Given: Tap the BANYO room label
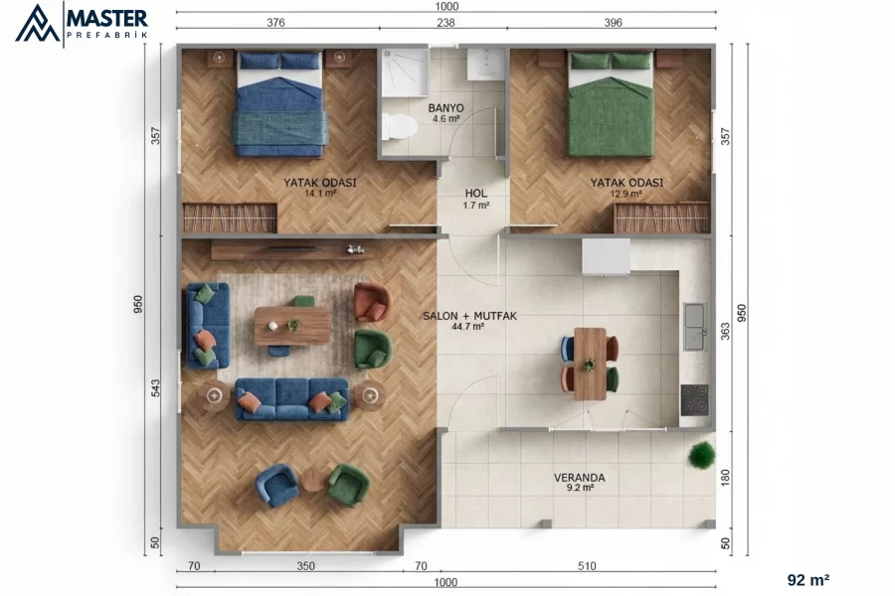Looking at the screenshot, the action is [x=446, y=108].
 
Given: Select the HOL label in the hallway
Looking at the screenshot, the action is [x=475, y=194].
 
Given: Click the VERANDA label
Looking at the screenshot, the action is [x=579, y=478].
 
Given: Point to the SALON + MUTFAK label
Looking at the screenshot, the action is [x=469, y=316].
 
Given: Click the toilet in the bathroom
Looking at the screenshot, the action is [x=399, y=126].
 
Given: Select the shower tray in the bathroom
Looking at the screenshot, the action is [x=405, y=72].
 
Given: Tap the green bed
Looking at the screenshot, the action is [x=611, y=104].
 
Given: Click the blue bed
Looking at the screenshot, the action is [x=279, y=104].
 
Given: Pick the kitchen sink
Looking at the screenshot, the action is [x=696, y=326].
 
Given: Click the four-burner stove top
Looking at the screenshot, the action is [x=695, y=399].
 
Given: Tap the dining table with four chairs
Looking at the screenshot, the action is [x=590, y=364].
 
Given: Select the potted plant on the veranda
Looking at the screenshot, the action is [x=701, y=455].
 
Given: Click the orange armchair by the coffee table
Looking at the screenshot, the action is [x=372, y=302].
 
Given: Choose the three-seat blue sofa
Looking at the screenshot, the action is [x=291, y=398].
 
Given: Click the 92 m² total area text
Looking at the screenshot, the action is [x=808, y=580].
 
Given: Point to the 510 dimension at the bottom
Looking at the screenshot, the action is [x=587, y=566].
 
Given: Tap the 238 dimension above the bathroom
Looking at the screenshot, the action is [x=446, y=23].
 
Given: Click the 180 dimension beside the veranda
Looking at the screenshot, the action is [x=726, y=478].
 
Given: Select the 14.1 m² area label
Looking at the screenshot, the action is [x=319, y=194].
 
